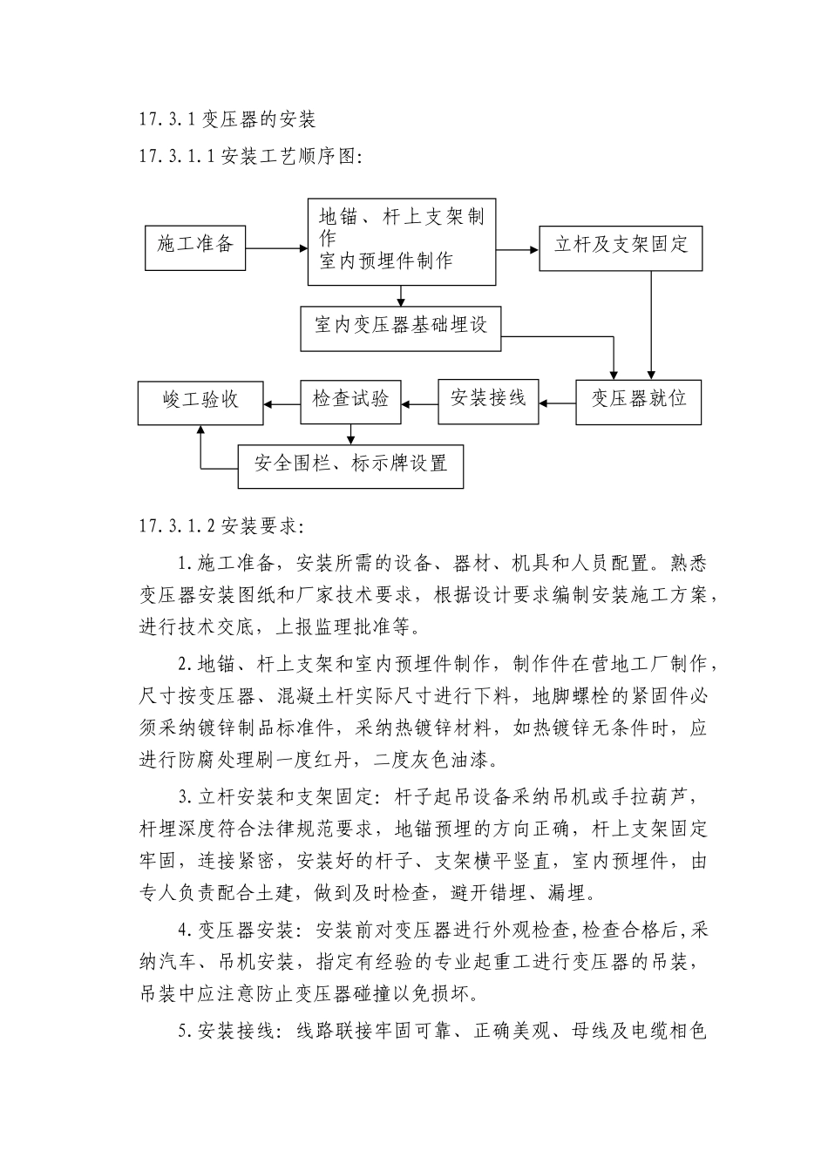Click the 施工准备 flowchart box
click(195, 247)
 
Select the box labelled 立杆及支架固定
click(621, 247)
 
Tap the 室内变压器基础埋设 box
click(401, 328)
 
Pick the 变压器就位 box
click(638, 401)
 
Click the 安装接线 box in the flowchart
click(488, 401)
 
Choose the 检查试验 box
click(350, 401)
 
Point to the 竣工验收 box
click(200, 402)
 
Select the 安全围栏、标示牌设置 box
click(350, 466)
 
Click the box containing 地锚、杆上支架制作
click(401, 241)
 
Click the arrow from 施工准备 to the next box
click(276, 248)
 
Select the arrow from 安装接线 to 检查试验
click(419, 403)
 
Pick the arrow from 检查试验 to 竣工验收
click(282, 403)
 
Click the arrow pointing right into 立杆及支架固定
click(518, 249)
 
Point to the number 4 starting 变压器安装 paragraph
click(183, 931)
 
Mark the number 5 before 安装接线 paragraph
click(183, 1032)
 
